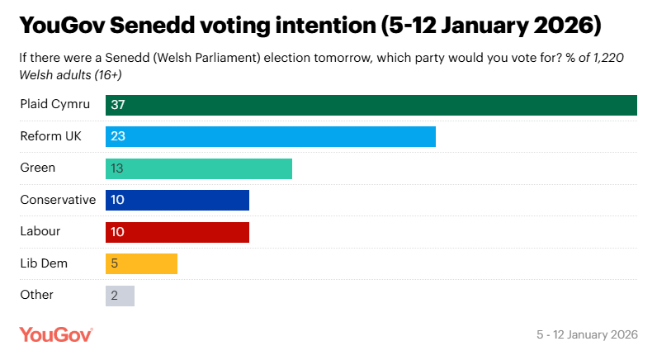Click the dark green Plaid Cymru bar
click(371, 105)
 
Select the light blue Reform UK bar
click(271, 136)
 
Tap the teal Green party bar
click(199, 168)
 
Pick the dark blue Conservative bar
click(177, 200)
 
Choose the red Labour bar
click(177, 232)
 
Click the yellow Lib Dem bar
click(141, 263)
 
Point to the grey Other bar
click(120, 296)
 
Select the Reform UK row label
click(50, 136)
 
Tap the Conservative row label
click(58, 200)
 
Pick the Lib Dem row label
click(44, 263)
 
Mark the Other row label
click(37, 295)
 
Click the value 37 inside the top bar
click(117, 105)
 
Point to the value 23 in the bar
click(117, 136)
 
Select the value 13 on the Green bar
click(117, 168)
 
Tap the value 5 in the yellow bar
click(114, 263)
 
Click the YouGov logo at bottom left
click(56, 334)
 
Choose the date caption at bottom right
click(587, 335)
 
